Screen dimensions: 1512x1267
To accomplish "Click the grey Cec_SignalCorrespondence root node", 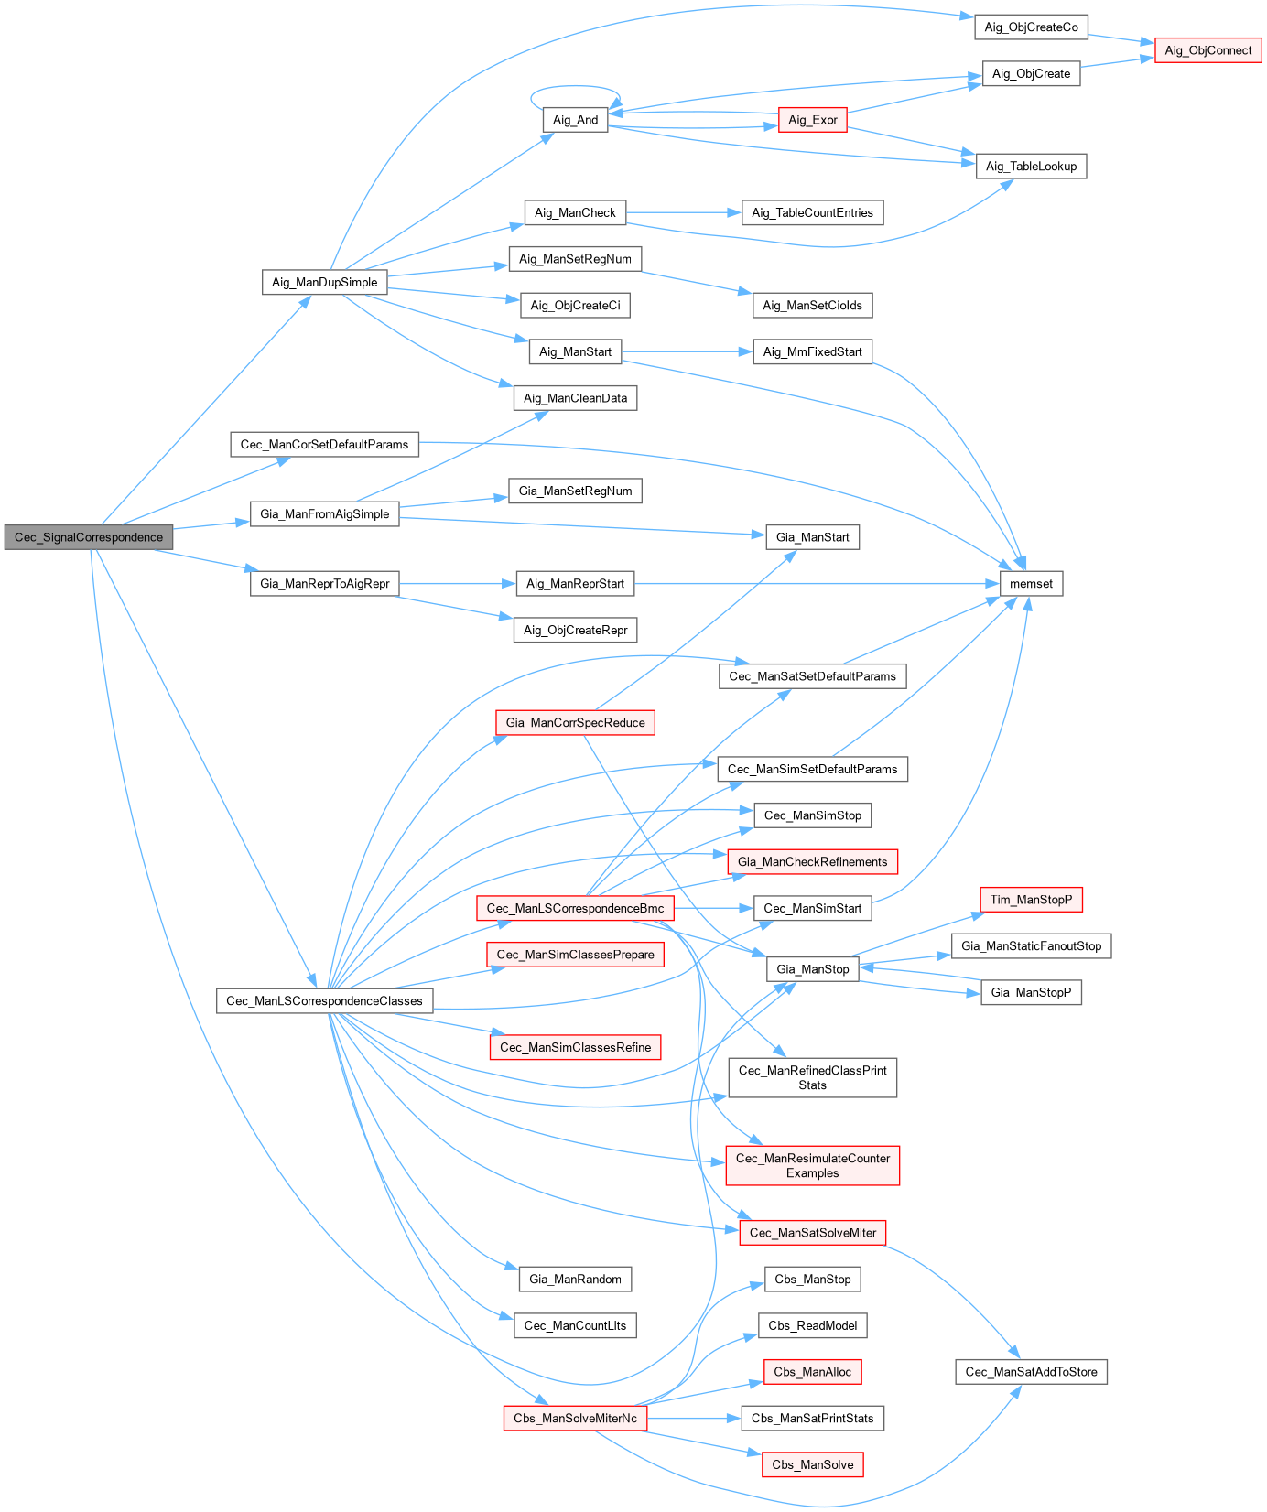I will pyautogui.click(x=88, y=537).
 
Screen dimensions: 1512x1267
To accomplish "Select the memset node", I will pyautogui.click(x=1031, y=584).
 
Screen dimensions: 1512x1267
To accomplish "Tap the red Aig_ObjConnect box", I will pyautogui.click(x=1207, y=50).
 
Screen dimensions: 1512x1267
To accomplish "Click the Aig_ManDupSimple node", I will pyautogui.click(x=324, y=282).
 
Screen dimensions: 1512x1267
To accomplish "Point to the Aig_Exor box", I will pyautogui.click(x=812, y=120).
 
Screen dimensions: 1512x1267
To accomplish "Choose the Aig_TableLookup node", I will pyautogui.click(x=1031, y=167).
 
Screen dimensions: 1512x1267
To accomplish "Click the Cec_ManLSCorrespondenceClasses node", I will pyautogui.click(x=324, y=1001).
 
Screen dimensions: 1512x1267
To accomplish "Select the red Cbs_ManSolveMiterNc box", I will pyautogui.click(x=575, y=1419).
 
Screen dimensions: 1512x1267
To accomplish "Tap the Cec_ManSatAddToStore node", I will pyautogui.click(x=1031, y=1372).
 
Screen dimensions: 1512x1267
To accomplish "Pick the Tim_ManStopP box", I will pyautogui.click(x=1031, y=900).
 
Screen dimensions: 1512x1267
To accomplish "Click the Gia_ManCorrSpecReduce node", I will pyautogui.click(x=575, y=723).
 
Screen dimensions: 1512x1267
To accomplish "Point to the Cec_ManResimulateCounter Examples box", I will pyautogui.click(x=812, y=1165).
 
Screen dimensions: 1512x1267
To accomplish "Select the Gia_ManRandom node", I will pyautogui.click(x=575, y=1280).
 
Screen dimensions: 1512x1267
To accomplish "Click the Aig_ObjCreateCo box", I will pyautogui.click(x=1031, y=27).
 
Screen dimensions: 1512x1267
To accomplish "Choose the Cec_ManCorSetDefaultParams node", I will pyautogui.click(x=324, y=445).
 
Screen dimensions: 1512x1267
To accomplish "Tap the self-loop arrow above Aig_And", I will pyautogui.click(x=575, y=87).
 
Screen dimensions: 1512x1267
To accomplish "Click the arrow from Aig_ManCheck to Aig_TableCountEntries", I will pyautogui.click(x=683, y=212).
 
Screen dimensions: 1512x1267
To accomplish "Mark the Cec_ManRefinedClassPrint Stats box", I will pyautogui.click(x=812, y=1077).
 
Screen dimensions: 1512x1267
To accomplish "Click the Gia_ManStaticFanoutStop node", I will pyautogui.click(x=1031, y=946).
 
